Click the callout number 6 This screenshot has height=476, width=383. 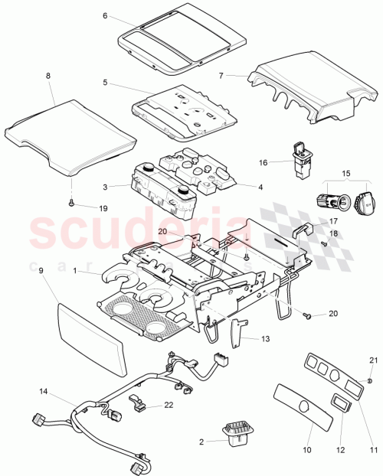click(x=105, y=16)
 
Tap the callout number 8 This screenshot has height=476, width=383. click(x=48, y=77)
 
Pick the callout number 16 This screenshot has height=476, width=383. click(x=264, y=162)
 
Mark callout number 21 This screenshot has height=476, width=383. click(x=374, y=360)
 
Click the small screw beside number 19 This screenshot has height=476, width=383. click(x=71, y=204)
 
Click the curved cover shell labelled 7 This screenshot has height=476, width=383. click(x=306, y=86)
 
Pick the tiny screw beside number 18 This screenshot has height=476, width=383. click(x=325, y=243)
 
